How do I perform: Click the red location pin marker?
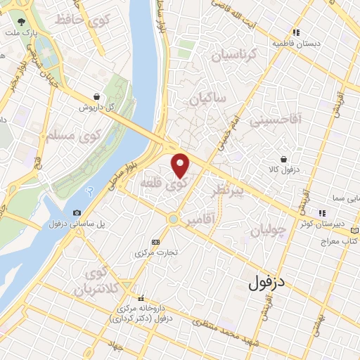tap(181, 165)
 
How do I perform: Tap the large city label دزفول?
tap(269, 283)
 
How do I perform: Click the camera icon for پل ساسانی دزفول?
tap(77, 212)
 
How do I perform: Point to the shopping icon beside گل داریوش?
tap(96, 97)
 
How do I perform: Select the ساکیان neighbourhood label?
tap(207, 99)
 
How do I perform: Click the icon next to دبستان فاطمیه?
tap(297, 32)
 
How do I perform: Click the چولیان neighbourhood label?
tap(269, 229)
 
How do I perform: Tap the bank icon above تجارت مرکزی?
tap(156, 240)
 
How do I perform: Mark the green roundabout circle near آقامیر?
tap(172, 219)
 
